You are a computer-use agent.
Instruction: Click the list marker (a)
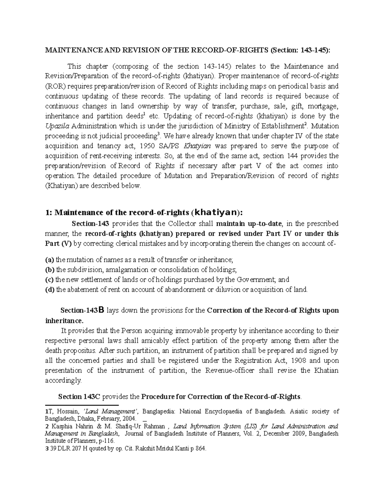[50, 260]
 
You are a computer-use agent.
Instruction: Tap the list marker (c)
[50, 279]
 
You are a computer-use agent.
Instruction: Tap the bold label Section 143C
[79, 397]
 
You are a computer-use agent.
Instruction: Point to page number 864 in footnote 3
[201, 449]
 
